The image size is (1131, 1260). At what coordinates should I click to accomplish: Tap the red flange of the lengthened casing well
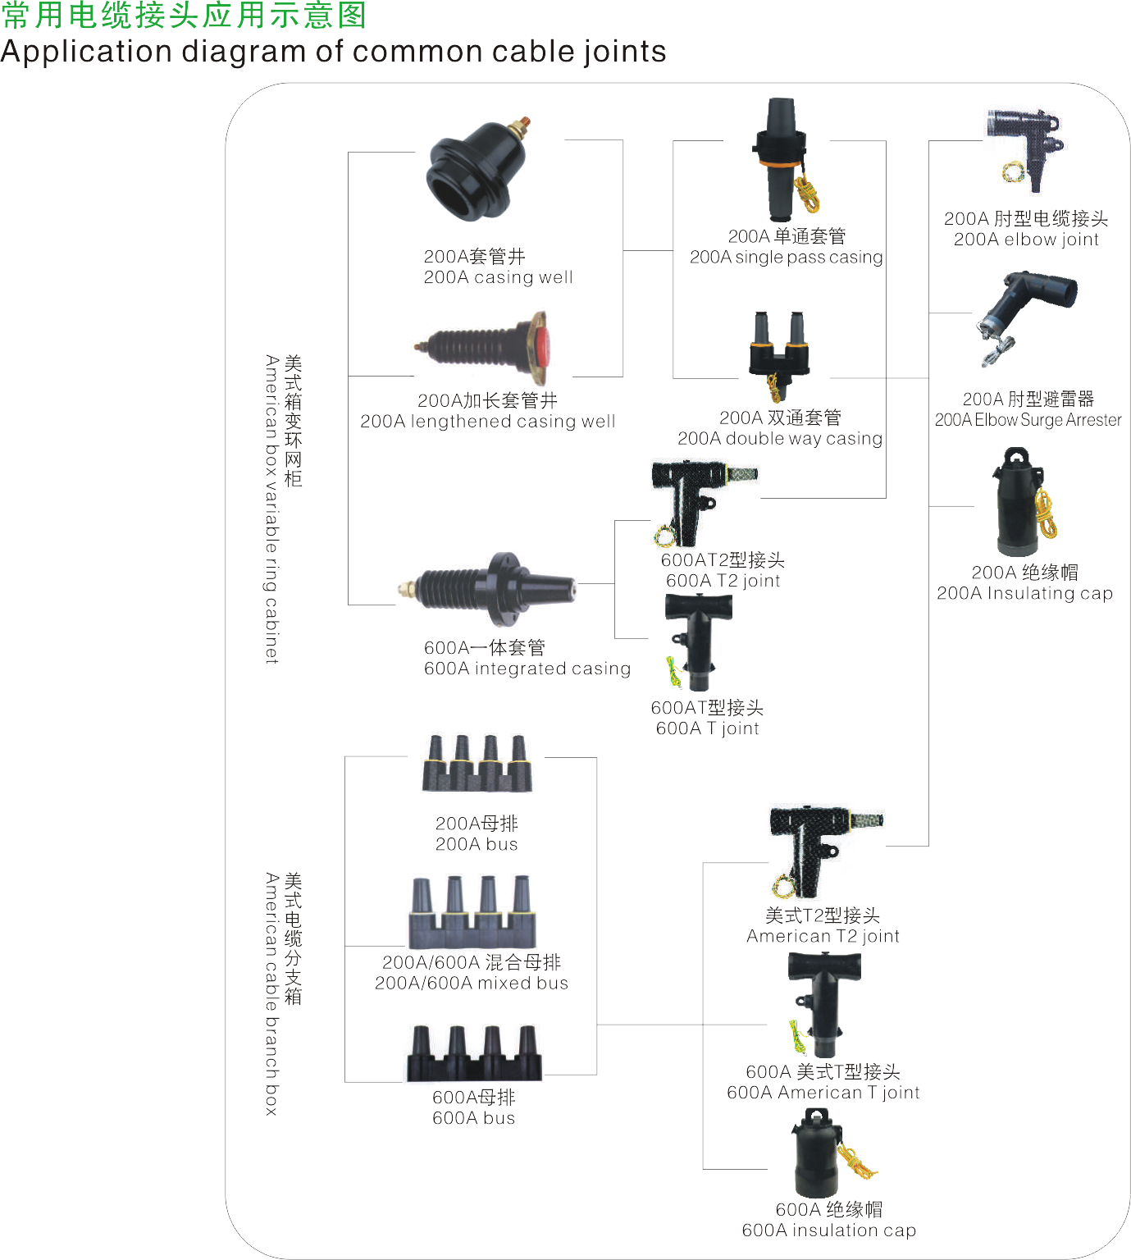[541, 348]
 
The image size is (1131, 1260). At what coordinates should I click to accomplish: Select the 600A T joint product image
[698, 641]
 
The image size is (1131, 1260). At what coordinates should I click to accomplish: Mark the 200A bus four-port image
[477, 765]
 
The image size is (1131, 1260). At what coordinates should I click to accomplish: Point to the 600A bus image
[475, 1053]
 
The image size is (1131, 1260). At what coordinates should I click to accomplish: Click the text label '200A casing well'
[498, 277]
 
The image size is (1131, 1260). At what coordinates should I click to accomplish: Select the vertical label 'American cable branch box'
[271, 993]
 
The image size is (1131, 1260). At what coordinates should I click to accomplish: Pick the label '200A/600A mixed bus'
[472, 983]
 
